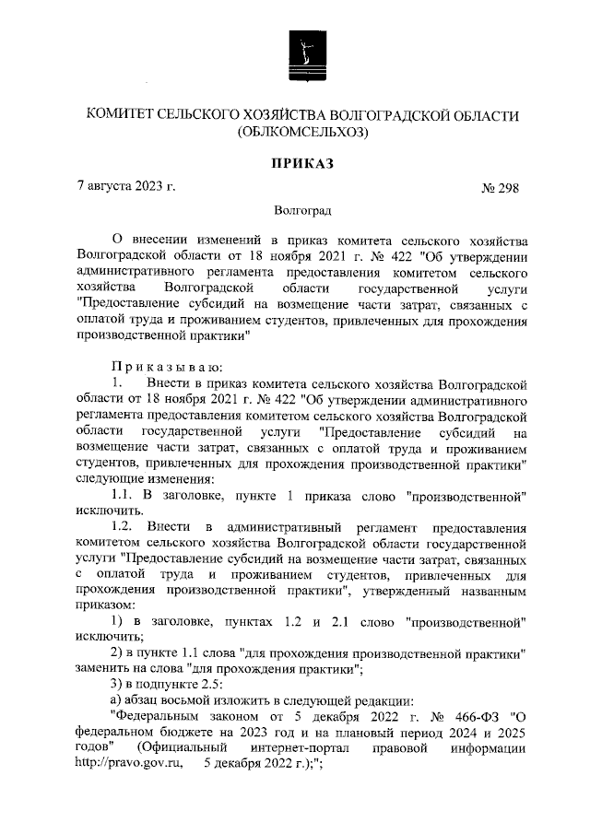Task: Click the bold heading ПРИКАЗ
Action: pyautogui.click(x=301, y=163)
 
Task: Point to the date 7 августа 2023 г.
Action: pyautogui.click(x=125, y=187)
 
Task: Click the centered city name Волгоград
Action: pyautogui.click(x=301, y=211)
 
